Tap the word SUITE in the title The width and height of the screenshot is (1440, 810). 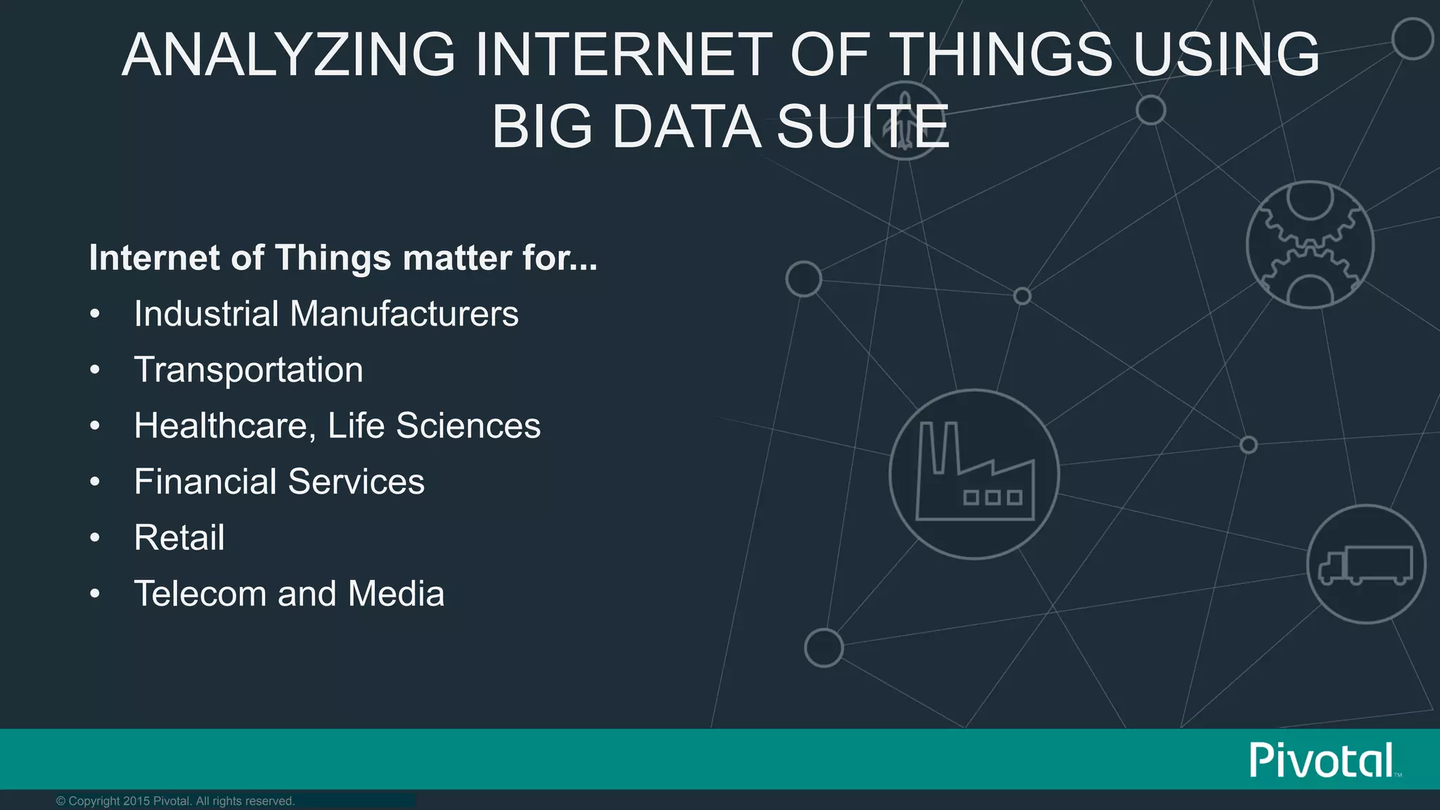tap(862, 127)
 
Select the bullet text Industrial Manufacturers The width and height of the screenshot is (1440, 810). tap(326, 314)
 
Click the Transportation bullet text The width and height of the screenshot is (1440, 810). tap(248, 370)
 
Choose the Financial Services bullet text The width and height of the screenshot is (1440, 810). tap(279, 482)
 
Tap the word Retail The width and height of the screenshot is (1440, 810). tap(179, 538)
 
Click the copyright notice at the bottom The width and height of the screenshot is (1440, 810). tap(175, 801)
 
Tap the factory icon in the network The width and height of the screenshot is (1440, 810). tap(975, 475)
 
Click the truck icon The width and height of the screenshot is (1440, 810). tap(1365, 564)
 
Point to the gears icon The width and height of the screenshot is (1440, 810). tap(1310, 245)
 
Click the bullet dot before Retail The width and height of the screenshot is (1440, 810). tap(95, 538)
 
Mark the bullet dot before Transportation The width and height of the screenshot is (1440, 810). tap(95, 370)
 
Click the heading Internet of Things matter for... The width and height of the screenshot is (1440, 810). tap(342, 258)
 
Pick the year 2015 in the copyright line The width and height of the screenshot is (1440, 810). tap(136, 801)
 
